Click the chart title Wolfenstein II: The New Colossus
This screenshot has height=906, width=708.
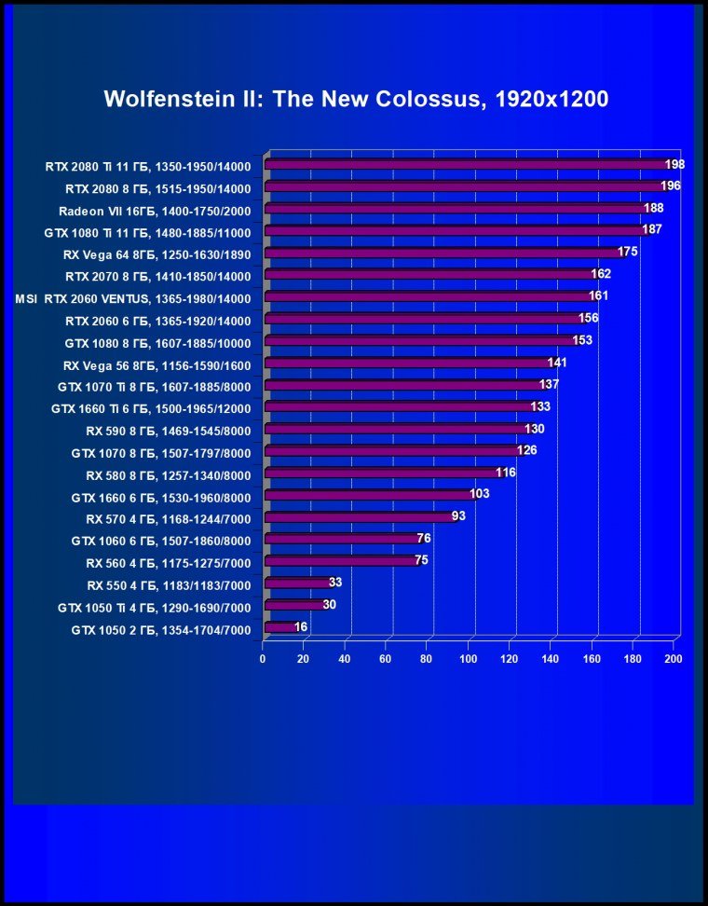click(x=356, y=99)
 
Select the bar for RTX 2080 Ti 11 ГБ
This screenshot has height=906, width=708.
click(x=466, y=165)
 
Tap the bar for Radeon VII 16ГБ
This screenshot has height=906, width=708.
click(x=456, y=209)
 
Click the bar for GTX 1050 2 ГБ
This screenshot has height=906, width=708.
click(x=279, y=628)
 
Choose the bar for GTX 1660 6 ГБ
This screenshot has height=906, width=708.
click(x=369, y=495)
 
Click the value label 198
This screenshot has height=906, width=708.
click(x=674, y=165)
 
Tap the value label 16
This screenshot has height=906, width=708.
click(x=301, y=627)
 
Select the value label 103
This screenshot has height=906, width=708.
click(x=479, y=494)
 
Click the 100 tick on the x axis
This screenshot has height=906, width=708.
click(x=468, y=659)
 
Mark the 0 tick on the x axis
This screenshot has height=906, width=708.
click(x=263, y=659)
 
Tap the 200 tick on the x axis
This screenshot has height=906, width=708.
click(x=673, y=659)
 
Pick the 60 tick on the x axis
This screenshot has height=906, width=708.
click(x=386, y=659)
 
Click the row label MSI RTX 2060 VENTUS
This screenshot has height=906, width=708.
click(x=133, y=299)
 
